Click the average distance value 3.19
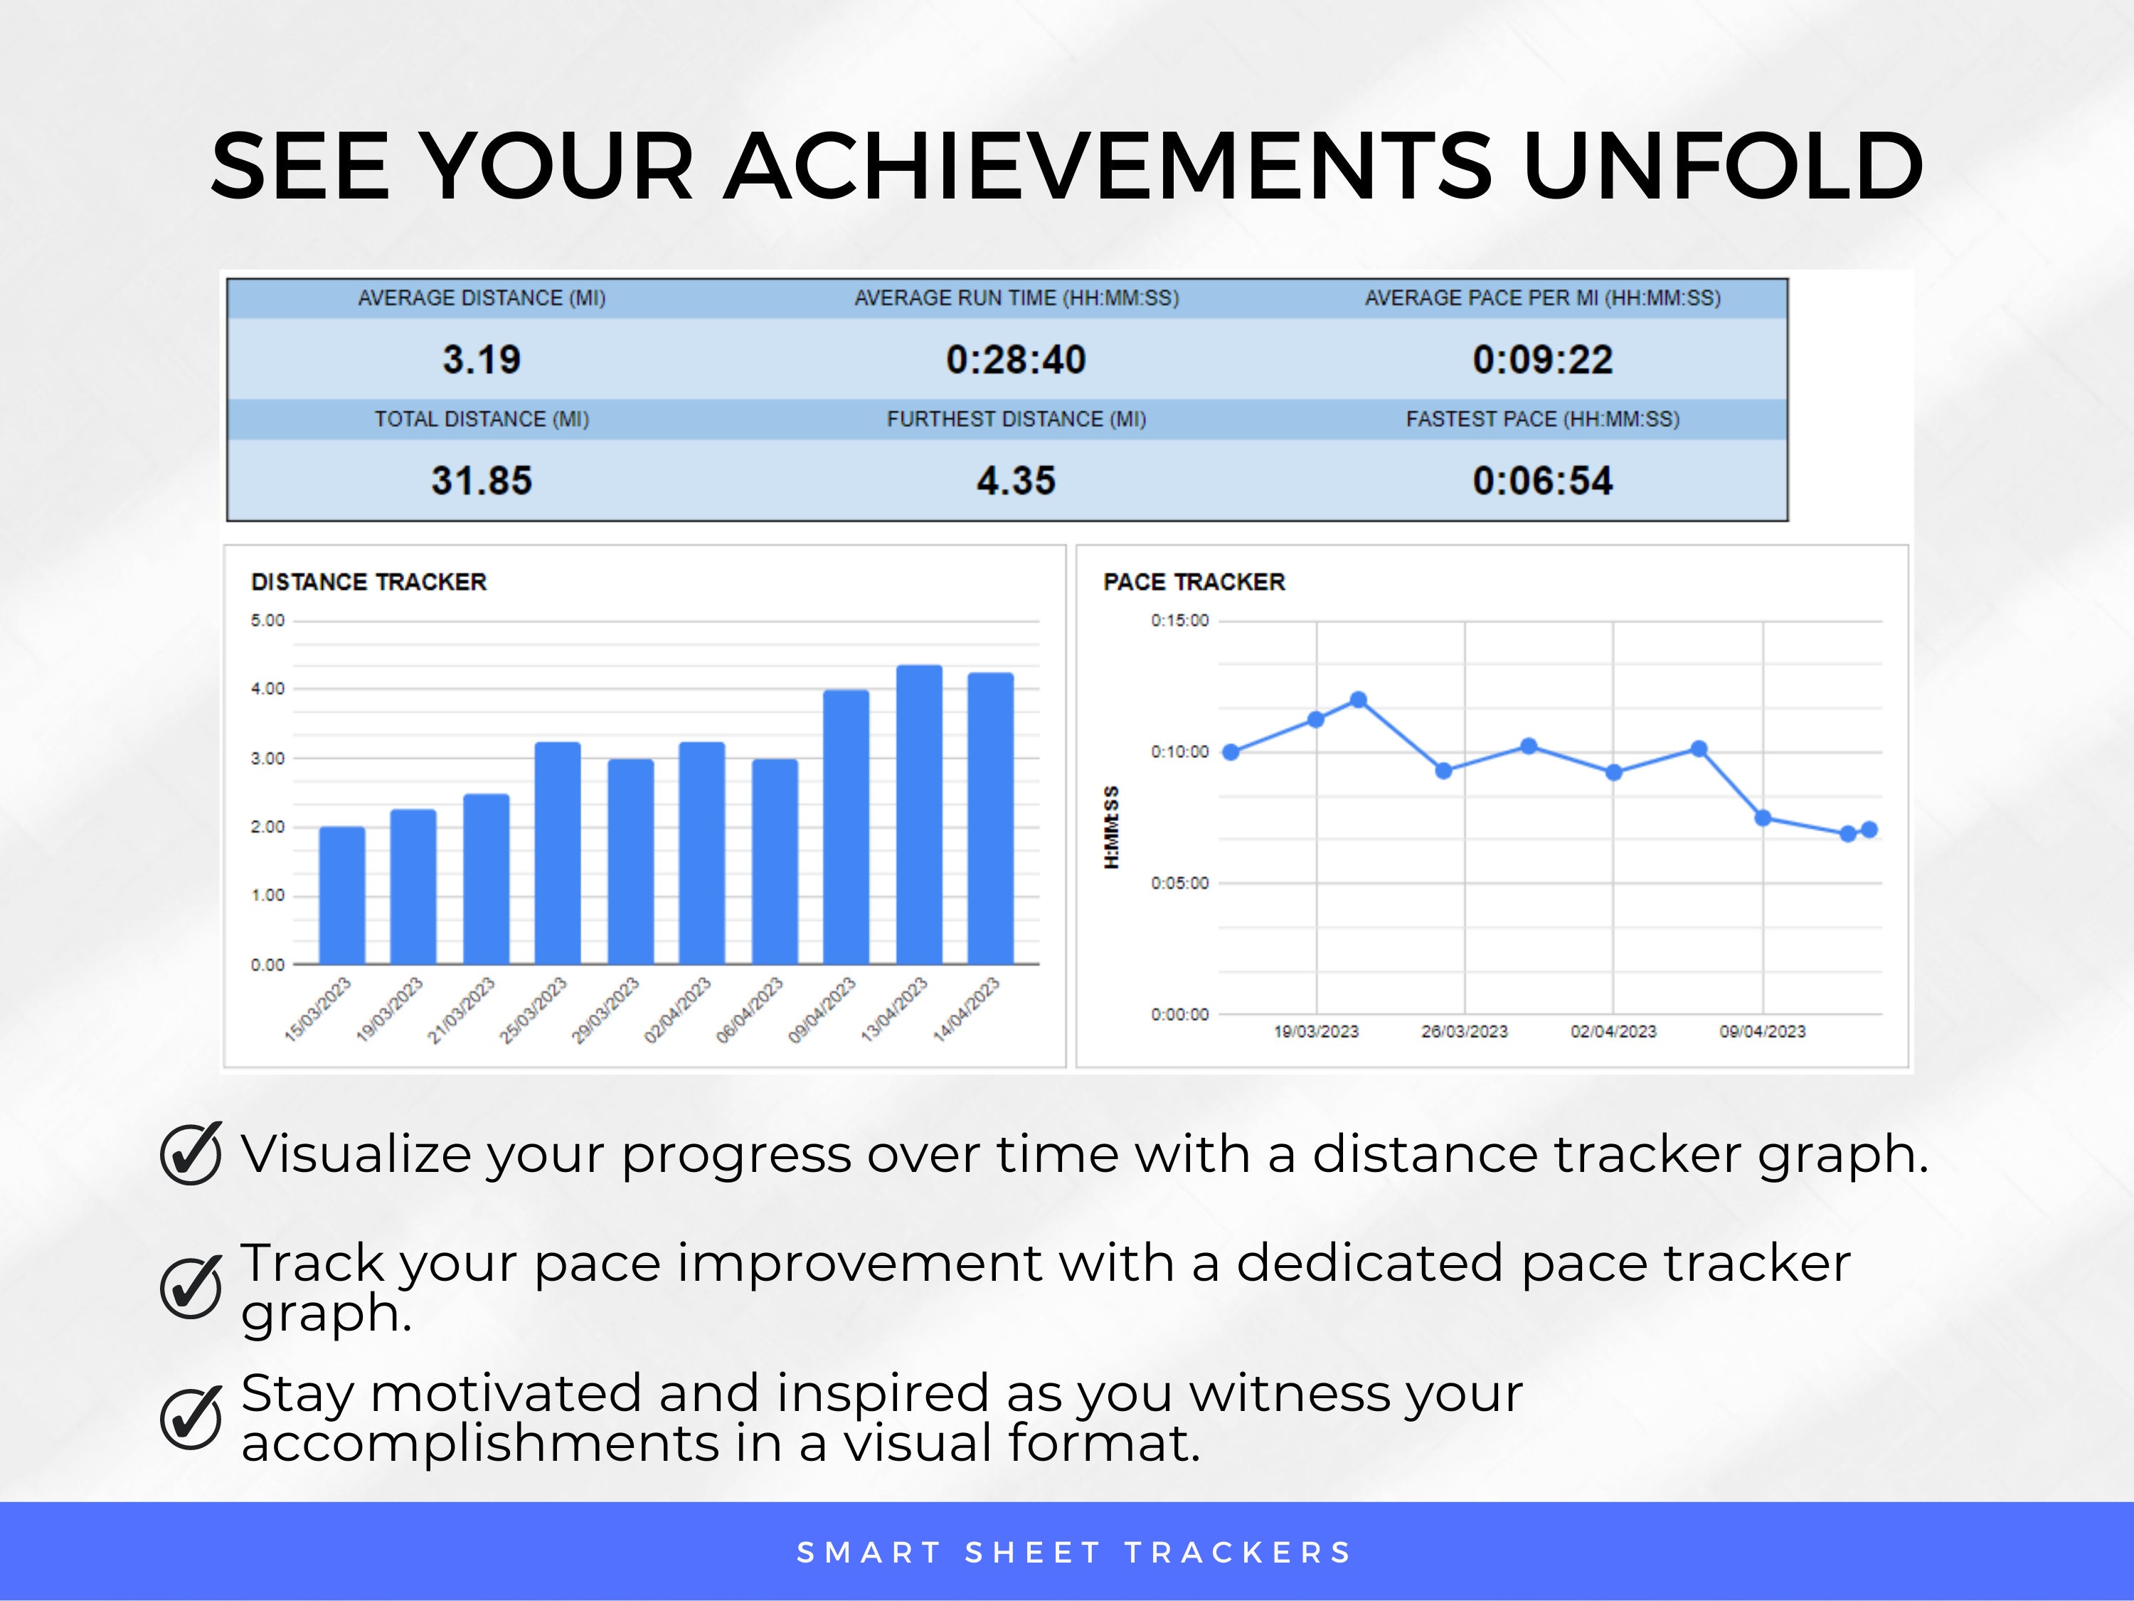pyautogui.click(x=482, y=360)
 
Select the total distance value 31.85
pyautogui.click(x=482, y=480)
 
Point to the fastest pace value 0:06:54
pyautogui.click(x=1541, y=480)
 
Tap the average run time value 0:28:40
pyautogui.click(x=1016, y=360)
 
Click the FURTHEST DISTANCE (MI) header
pyautogui.click(x=1016, y=419)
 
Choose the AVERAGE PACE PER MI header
pyautogui.click(x=1541, y=298)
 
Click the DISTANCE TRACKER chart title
pyautogui.click(x=368, y=582)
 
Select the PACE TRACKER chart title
pyautogui.click(x=1194, y=582)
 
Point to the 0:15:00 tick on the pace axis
pyautogui.click(x=1179, y=620)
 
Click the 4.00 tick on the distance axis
pyautogui.click(x=267, y=689)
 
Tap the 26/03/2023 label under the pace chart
pyautogui.click(x=1463, y=1032)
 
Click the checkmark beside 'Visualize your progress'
pyautogui.click(x=191, y=1153)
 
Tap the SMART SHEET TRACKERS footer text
pyautogui.click(x=1073, y=1553)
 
